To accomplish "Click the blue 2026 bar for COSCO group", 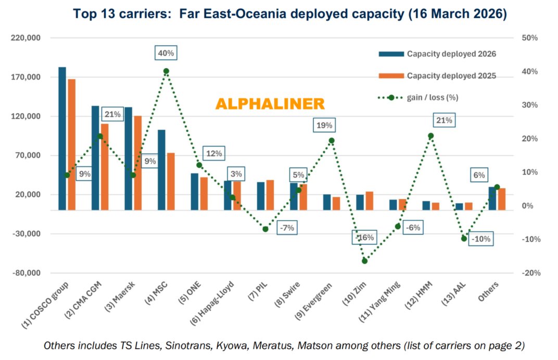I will tap(62, 139).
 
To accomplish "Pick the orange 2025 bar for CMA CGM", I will tap(105, 167).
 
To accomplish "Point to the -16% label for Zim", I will tap(364, 238).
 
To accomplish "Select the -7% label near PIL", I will tap(286, 228).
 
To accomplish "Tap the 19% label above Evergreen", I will tap(324, 126).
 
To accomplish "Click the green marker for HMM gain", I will tap(430, 136).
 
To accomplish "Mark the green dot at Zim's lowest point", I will tap(364, 260).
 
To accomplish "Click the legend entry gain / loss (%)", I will tap(433, 97).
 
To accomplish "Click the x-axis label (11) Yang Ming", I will tap(383, 307).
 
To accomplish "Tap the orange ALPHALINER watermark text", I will tap(270, 104).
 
